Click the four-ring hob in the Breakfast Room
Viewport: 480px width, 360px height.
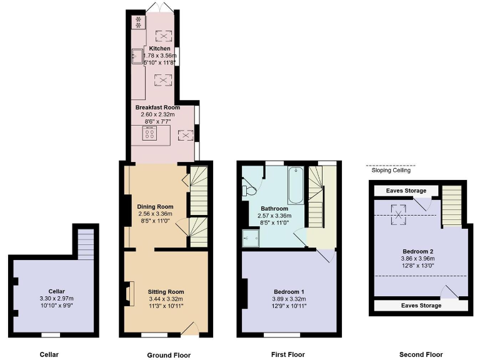[x=150, y=134]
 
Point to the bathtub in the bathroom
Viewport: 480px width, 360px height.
[x=296, y=185]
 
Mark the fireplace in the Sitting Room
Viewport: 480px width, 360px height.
[x=129, y=293]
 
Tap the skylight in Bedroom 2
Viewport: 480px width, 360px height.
[x=397, y=214]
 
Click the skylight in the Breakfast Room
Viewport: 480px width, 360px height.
[x=186, y=135]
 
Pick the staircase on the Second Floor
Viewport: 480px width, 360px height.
[x=452, y=206]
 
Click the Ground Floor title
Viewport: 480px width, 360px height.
[x=169, y=355]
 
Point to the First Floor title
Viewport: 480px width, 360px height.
[x=288, y=354]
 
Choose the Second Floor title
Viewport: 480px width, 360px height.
[x=421, y=354]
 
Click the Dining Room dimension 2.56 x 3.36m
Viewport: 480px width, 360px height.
[x=155, y=214]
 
